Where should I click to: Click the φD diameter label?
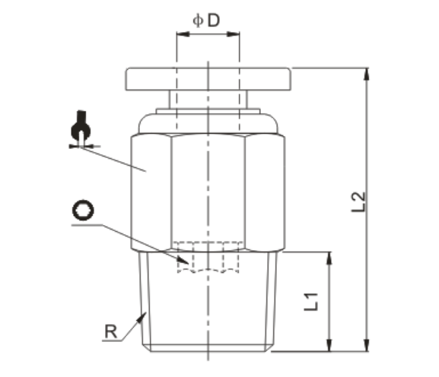coord(205,21)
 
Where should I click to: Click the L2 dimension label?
coord(360,202)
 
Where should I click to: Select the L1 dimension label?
coord(310,299)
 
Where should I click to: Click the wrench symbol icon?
coord(81,129)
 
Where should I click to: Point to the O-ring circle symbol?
coord(82,211)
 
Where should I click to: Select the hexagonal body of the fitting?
coord(208,190)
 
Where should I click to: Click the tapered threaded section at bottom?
coord(208,304)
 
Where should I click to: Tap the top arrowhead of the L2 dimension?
coord(367,74)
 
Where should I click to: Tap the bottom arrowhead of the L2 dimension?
coord(367,346)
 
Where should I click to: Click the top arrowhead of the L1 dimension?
coord(329,258)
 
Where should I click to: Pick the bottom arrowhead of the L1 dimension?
coord(329,346)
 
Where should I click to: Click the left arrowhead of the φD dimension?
coord(181,34)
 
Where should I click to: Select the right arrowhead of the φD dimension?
coord(236,34)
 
